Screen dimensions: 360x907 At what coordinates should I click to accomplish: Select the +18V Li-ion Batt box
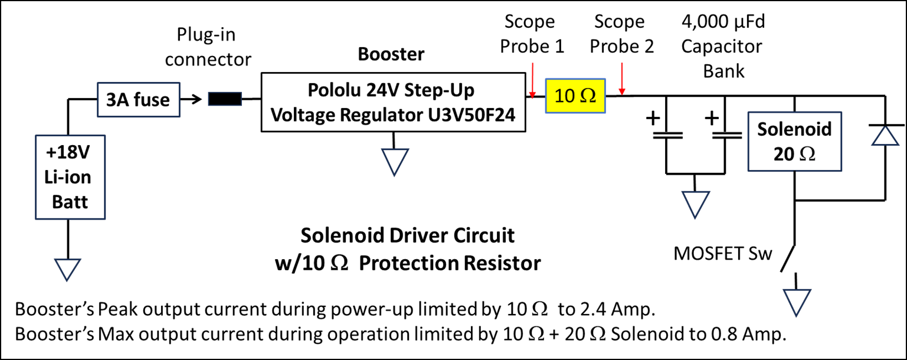70,177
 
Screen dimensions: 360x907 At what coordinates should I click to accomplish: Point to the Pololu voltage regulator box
392,102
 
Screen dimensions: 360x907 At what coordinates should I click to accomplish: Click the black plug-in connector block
225,99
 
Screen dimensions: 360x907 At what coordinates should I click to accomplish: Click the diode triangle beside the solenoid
885,136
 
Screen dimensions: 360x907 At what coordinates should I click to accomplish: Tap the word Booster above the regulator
391,54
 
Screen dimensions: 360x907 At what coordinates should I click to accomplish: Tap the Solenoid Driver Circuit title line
408,236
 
